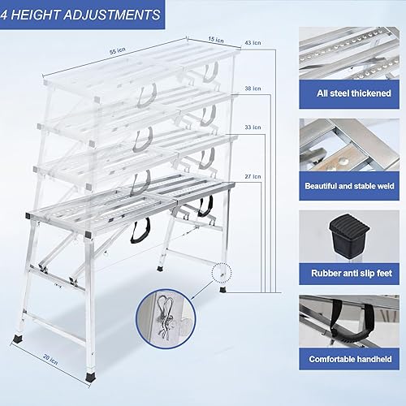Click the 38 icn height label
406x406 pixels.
(253, 89)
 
